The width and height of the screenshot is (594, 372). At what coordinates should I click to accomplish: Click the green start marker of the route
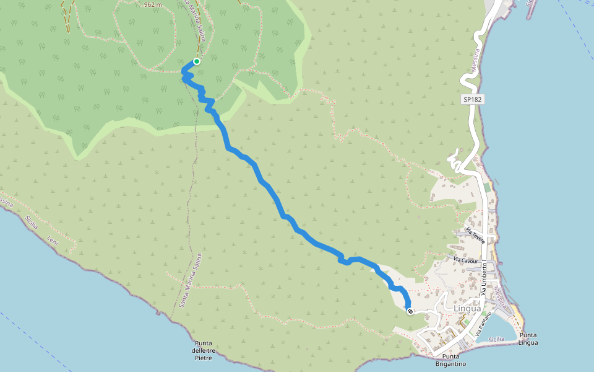pos(196,61)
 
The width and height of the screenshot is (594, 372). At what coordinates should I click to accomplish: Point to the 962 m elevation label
pos(152,4)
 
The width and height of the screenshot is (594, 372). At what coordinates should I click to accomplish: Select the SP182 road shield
pos(472,99)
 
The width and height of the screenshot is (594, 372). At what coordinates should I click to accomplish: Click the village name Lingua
pos(467,308)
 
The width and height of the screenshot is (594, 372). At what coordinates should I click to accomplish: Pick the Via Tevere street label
pos(477,237)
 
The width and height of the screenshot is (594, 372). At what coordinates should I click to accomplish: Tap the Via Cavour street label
pos(466,260)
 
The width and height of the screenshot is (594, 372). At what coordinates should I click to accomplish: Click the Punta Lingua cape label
pos(528,339)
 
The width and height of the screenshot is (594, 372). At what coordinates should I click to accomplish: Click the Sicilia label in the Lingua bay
pos(496,339)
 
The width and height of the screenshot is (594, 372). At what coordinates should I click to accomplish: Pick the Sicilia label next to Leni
pos(32,222)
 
